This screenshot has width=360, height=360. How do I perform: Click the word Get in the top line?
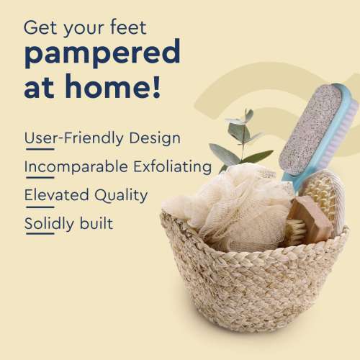point(40,28)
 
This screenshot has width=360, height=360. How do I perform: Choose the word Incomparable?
point(76,167)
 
